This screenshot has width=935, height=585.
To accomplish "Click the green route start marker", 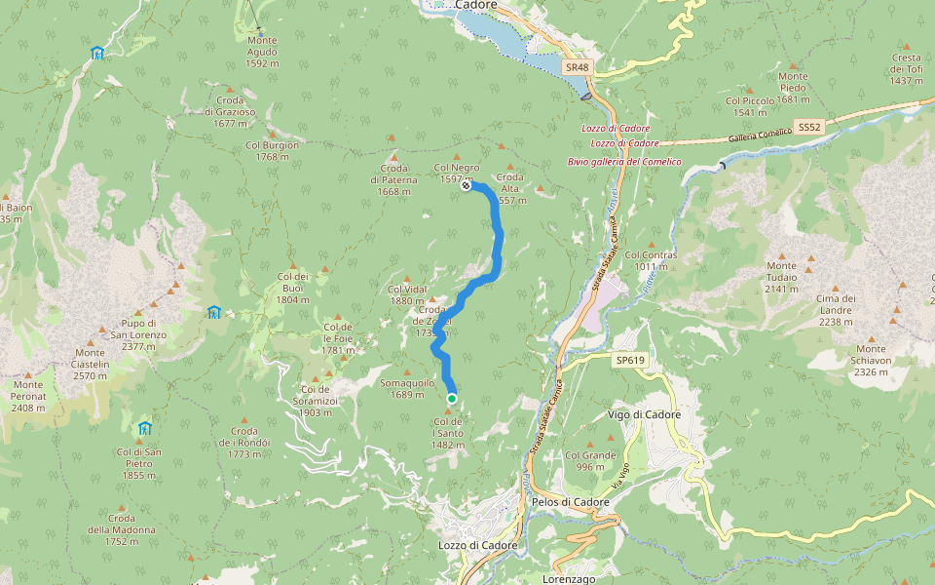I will (x=452, y=399).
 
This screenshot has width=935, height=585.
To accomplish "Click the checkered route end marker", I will (x=467, y=186).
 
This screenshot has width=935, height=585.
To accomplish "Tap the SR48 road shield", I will (x=577, y=67).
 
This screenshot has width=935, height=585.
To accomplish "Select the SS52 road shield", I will (x=809, y=128).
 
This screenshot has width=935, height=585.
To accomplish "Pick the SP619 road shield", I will (x=630, y=360).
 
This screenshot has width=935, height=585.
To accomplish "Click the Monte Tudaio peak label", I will (x=781, y=271).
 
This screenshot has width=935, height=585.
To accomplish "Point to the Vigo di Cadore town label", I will (x=644, y=414).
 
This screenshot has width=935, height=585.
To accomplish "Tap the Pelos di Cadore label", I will (x=571, y=502).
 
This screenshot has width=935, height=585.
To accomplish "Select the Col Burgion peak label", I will (x=272, y=150).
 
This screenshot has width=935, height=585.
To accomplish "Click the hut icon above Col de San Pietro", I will (x=145, y=428).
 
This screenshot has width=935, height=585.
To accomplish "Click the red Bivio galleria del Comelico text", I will (x=624, y=161).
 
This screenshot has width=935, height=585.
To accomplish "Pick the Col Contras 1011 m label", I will (x=651, y=260).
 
